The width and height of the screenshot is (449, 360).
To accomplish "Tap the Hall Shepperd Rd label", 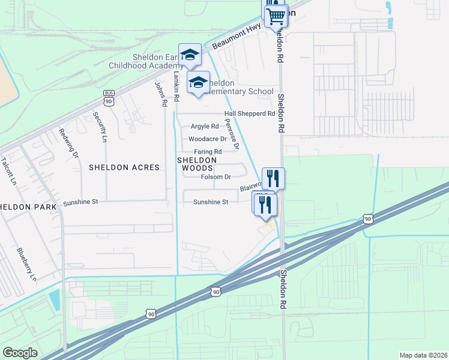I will click(x=249, y=113).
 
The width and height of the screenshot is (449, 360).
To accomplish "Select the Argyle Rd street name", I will click(x=205, y=127).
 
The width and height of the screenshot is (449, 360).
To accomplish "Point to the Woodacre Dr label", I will click(x=207, y=139).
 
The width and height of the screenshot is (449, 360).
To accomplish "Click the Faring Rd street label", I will click(x=208, y=151).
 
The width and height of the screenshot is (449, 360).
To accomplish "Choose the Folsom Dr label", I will click(x=215, y=177).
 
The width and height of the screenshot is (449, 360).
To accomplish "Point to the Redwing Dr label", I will click(x=68, y=143).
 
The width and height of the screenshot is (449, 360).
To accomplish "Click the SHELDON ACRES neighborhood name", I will click(x=124, y=167).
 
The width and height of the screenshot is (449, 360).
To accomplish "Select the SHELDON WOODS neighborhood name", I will click(x=196, y=164).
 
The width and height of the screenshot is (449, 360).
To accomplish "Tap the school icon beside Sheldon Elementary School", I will click(x=198, y=82).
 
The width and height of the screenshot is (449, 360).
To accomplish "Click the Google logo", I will click(x=20, y=353).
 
